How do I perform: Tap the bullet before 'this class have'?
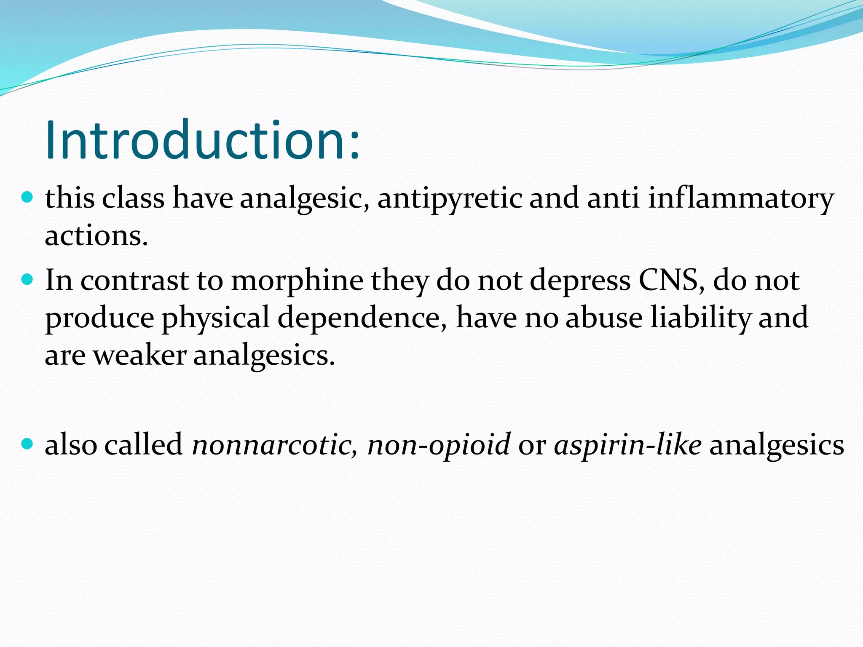tap(27, 197)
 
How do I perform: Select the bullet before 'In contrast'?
tap(27, 279)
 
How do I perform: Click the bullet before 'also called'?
tap(27, 443)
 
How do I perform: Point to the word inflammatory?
tap(741, 199)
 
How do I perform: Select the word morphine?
tap(297, 281)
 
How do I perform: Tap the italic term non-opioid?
tap(439, 445)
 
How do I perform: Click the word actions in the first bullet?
tap(96, 237)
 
